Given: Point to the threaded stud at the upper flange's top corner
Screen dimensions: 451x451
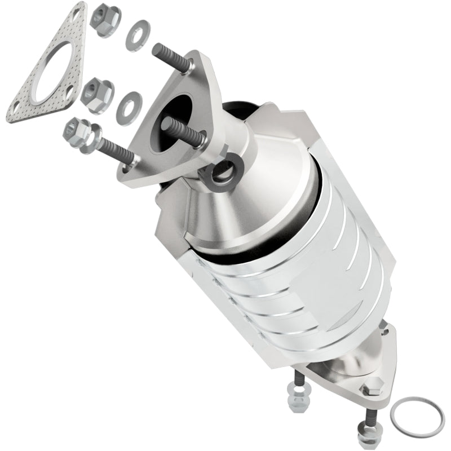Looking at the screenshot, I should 173,56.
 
